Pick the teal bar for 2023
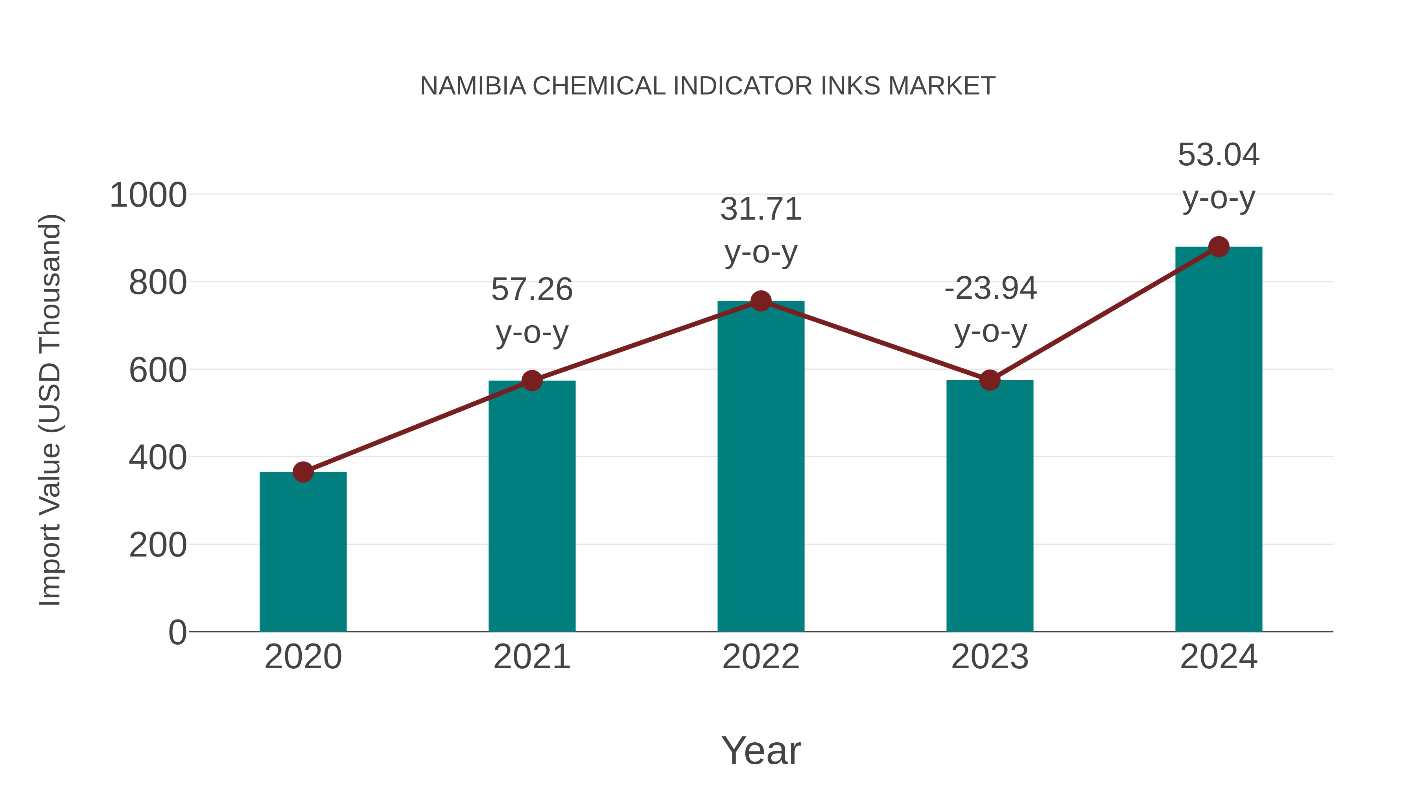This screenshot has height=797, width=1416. pos(990,506)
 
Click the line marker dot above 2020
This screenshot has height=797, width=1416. pos(303,472)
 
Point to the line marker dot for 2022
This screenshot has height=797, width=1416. pos(761,301)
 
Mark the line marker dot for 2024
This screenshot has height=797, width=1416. pos(1219,247)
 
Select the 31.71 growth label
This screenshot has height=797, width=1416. pos(761,209)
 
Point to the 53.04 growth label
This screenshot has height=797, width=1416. pos(1219,155)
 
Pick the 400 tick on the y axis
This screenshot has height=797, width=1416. pos(158,458)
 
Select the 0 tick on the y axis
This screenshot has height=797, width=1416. pos(177,632)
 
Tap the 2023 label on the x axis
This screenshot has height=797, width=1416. pos(990,657)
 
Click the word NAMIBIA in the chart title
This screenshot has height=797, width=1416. pos(473,86)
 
